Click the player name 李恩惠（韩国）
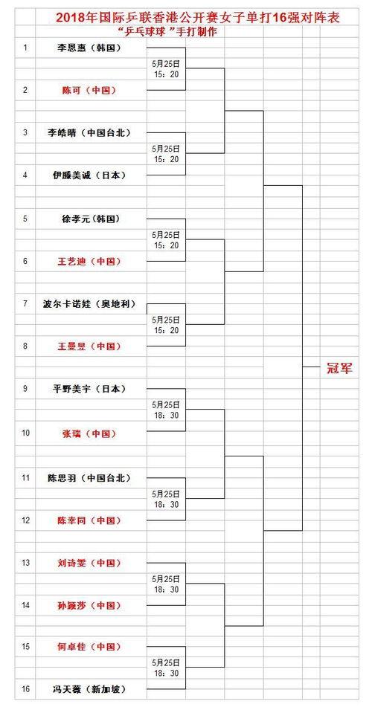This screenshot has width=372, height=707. click(90, 47)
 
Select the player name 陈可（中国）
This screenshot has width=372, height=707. click(89, 90)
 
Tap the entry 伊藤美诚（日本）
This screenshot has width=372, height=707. click(89, 175)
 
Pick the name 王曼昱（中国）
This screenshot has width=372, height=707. click(89, 346)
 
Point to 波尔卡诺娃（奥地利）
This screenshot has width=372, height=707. click(89, 304)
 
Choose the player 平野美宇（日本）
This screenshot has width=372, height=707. click(89, 389)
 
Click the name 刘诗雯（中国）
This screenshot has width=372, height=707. click(89, 563)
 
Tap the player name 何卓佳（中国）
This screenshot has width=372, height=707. click(89, 647)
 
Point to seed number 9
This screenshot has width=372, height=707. click(26, 389)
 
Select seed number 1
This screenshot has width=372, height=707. click(26, 47)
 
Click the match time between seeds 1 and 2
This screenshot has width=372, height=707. click(166, 68)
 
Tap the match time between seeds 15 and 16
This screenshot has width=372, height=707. click(166, 668)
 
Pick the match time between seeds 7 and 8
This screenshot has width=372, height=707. click(166, 325)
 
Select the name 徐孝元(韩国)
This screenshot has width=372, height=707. click(90, 219)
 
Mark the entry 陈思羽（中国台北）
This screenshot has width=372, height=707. click(89, 477)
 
